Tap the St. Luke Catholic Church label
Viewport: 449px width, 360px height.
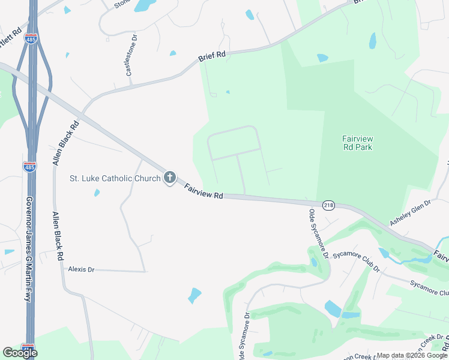[115, 178]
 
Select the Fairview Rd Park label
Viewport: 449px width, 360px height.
[357, 142]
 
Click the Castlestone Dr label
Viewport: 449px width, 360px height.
[131, 54]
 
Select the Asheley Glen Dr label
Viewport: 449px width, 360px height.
[411, 213]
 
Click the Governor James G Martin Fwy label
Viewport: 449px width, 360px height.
[28, 248]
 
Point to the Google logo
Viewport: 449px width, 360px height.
[19, 352]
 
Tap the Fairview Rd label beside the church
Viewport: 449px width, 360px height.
[203, 191]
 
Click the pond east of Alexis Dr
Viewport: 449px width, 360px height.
[194, 295]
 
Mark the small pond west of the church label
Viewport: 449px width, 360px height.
[96, 193]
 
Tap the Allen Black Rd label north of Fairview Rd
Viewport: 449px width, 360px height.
[65, 143]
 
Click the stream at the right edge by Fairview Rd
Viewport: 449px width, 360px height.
[414, 257]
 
